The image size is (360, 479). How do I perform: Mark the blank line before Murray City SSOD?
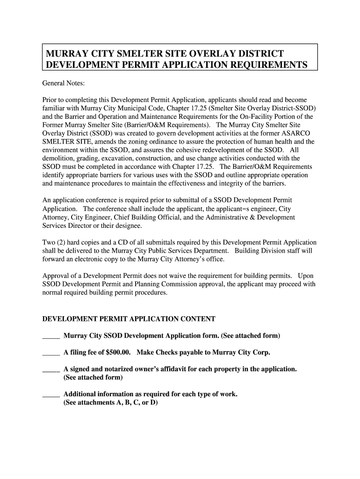tap(51, 337)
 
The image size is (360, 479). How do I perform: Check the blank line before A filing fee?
tap(51, 353)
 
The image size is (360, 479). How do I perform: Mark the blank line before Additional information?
tap(51, 395)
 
